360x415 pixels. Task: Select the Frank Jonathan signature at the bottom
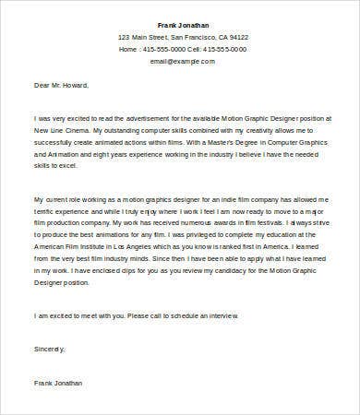(58, 380)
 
